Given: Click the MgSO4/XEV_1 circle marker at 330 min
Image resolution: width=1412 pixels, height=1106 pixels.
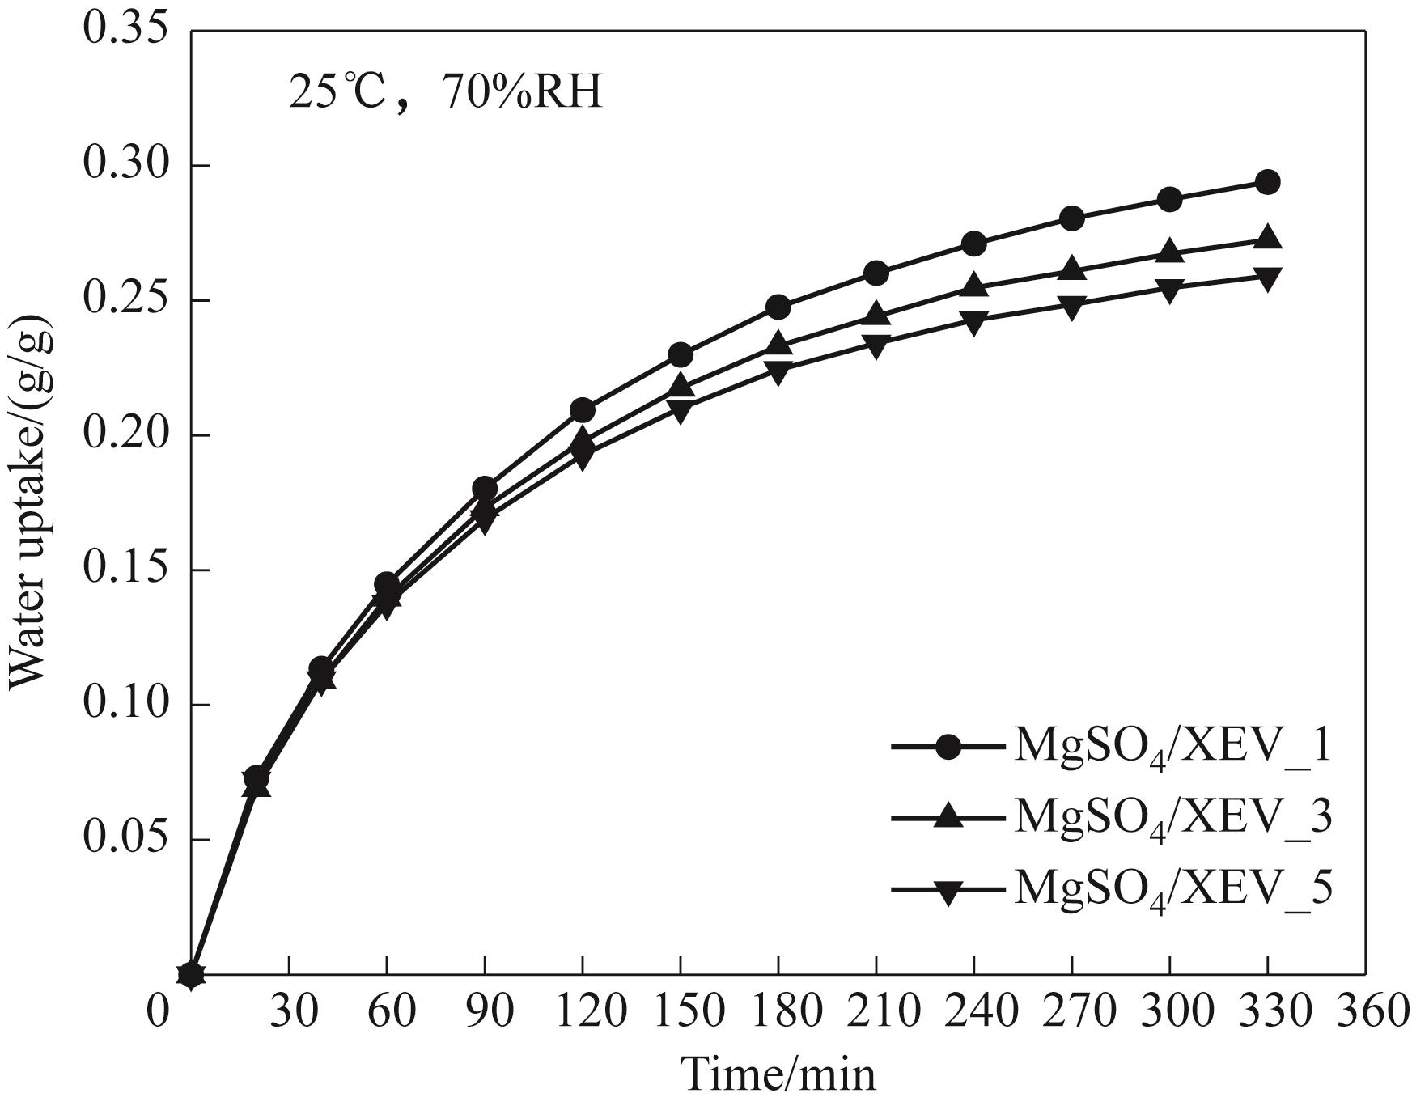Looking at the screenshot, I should pos(1267,182).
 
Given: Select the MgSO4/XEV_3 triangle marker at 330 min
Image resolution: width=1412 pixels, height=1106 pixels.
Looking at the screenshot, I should pos(1267,239).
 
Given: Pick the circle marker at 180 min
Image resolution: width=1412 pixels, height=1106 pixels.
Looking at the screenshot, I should pos(778,307).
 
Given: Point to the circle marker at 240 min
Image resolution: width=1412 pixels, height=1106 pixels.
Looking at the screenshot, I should pos(974,244).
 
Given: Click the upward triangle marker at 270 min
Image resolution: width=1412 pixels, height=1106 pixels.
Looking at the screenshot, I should pos(1071,268).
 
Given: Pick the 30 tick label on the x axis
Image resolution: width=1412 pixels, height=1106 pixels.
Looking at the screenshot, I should pos(290,1012).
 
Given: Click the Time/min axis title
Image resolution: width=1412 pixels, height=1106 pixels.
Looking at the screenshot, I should pos(778,1075).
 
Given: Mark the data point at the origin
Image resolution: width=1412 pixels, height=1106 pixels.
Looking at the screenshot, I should pos(191,974).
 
